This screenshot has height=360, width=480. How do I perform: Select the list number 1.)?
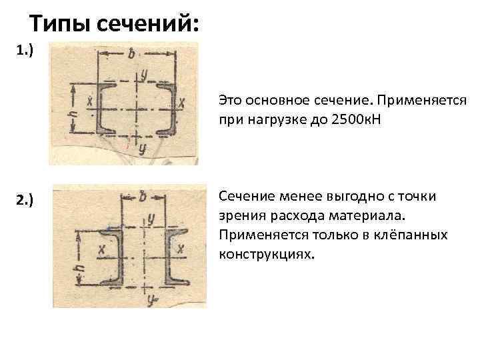tap(24, 51)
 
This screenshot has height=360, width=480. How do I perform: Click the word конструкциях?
tap(265, 255)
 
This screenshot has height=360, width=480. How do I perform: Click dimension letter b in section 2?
tap(141, 197)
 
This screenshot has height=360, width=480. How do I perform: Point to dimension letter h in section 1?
tap(73, 114)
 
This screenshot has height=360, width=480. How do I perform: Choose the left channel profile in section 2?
tap(111, 255)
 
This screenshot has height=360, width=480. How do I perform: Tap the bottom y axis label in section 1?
tap(142, 149)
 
